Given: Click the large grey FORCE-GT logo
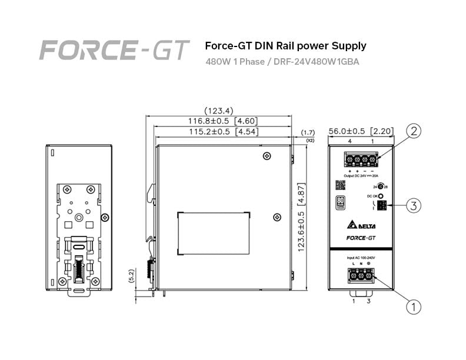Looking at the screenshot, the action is point(114,50).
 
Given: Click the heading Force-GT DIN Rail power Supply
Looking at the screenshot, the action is point(285,45).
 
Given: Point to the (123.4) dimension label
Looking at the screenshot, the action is point(218,111).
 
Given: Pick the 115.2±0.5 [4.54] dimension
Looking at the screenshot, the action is point(222,132).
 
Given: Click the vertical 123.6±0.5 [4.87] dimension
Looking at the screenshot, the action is point(301,215).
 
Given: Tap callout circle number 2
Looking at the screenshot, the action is point(414,131).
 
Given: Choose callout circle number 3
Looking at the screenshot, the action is point(414,205).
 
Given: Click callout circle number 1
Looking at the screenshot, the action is point(414,305).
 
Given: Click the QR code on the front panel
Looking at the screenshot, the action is point(339,184).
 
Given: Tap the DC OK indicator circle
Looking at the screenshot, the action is point(381,196).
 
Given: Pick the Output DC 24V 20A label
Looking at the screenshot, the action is point(361,176).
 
